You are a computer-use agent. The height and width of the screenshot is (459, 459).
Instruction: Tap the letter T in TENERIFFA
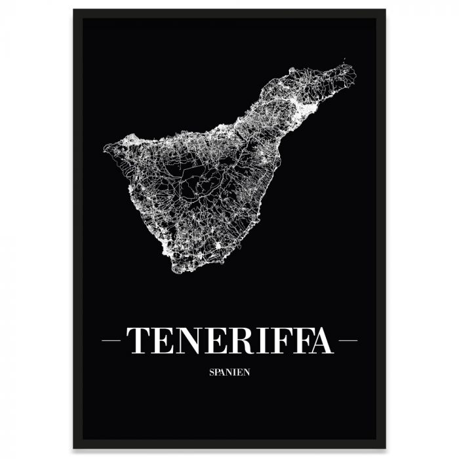[x=138, y=340]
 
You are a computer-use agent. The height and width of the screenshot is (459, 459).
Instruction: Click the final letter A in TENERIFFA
[x=319, y=340]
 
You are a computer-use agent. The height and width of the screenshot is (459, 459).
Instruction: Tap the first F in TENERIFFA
[x=276, y=340]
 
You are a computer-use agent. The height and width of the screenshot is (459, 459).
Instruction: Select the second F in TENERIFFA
[x=296, y=340]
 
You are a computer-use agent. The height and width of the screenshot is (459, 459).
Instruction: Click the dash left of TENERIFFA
[x=113, y=340]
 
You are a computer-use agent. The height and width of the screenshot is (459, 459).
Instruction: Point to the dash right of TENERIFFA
[x=346, y=340]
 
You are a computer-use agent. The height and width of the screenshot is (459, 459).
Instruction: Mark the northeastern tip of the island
[x=353, y=66]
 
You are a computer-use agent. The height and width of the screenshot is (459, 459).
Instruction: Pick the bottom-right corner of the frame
[x=385, y=448]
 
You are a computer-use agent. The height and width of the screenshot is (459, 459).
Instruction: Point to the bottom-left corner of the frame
[x=74, y=448]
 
